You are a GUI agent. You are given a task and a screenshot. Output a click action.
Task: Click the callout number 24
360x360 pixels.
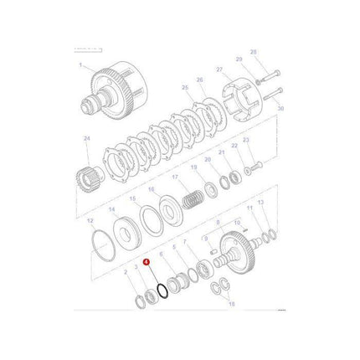(86, 138)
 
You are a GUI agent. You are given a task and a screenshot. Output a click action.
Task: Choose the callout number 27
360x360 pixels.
(219, 70)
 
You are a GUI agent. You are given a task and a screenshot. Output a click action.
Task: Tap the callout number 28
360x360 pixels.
(255, 51)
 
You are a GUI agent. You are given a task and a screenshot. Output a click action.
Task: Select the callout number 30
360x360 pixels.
(280, 109)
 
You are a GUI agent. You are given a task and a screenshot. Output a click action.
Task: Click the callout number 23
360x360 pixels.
(246, 140)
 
